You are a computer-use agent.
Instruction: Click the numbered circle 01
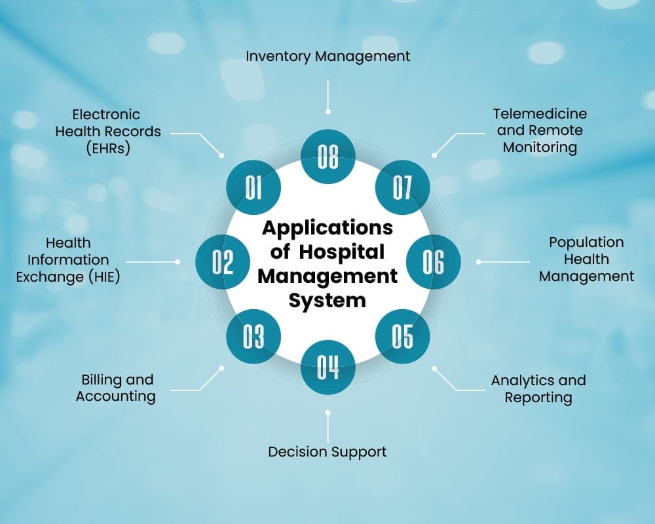pos(253,187)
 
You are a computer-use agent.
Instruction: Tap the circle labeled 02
pos(223,262)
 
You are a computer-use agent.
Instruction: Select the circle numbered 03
pos(253,337)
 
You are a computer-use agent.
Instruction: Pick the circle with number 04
pos(328,367)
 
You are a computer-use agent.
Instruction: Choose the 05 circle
pos(402,337)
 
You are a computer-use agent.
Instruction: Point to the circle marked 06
pos(433,262)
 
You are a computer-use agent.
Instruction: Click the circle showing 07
pos(402,187)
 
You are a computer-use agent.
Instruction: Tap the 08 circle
pos(328,157)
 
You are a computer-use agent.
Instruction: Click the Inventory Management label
pos(328,56)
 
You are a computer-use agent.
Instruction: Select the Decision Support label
pos(327,452)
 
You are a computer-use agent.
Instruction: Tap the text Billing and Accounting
pos(116,388)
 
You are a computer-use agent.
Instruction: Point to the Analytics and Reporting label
pos(538,388)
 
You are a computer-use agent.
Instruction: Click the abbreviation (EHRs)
pos(108,148)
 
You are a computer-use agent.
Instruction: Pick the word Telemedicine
pos(540,113)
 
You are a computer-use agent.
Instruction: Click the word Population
pos(586,242)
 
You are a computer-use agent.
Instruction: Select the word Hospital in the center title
pos(342,252)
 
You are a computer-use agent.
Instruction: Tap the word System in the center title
pos(327,301)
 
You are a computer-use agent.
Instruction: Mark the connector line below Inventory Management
pos(328,96)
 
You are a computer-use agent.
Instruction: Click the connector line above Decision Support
pos(328,426)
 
